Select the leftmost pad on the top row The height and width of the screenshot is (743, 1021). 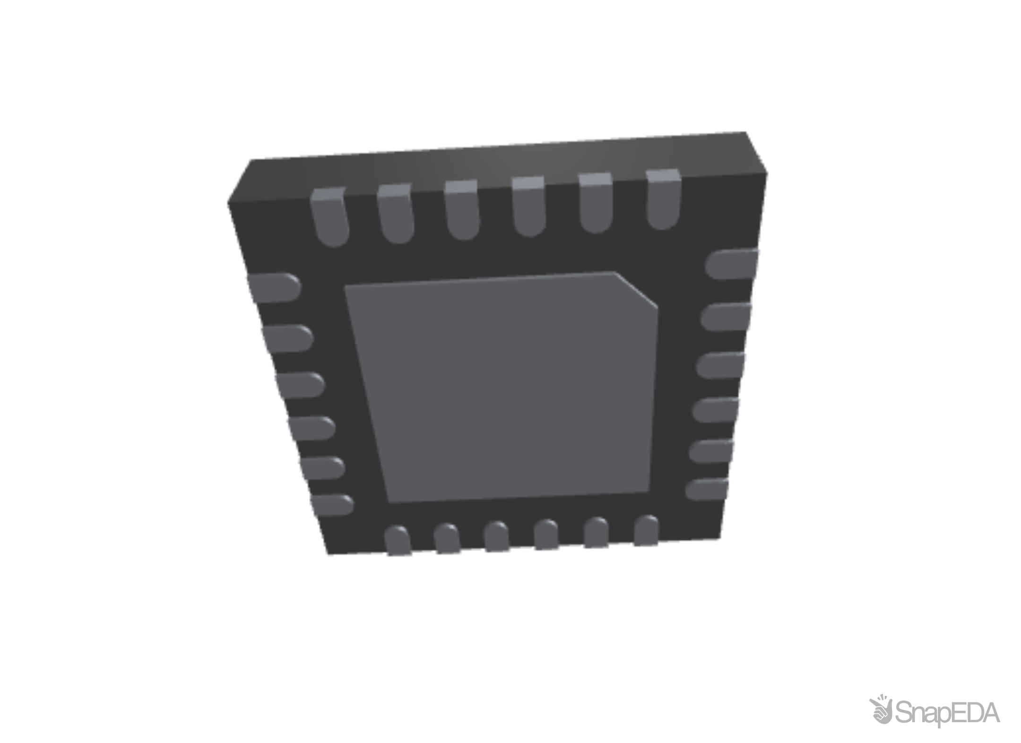coord(330,217)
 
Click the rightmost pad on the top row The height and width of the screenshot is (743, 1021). coord(664,200)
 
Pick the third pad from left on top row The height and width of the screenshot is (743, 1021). coord(462,211)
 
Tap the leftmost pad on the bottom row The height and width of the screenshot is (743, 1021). coord(398,541)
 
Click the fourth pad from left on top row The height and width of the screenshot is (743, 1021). coord(529,207)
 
